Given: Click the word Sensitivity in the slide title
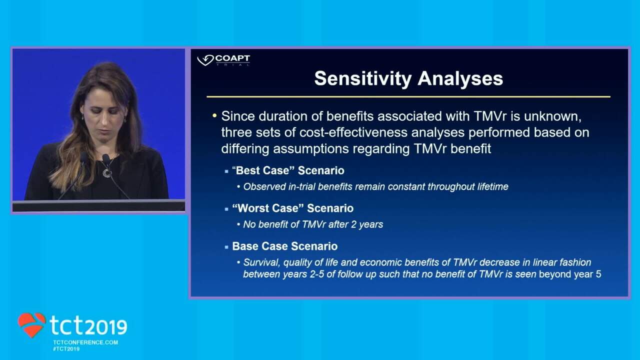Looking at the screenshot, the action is (363, 79).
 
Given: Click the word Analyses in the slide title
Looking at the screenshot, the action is (460, 78).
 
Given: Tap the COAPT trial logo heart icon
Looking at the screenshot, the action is (205, 60).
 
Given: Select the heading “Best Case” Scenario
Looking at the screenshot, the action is (288, 170).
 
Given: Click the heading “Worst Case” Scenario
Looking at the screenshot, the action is (293, 208).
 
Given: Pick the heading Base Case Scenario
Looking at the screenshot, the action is (285, 246).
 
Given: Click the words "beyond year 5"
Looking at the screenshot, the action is (570, 274).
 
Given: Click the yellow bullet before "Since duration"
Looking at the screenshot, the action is (214, 115).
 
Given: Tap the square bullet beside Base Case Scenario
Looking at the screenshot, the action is (226, 247).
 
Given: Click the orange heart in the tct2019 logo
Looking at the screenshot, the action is (31, 324).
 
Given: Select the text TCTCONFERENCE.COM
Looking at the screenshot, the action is (85, 342).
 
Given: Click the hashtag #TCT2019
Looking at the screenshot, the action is (66, 349).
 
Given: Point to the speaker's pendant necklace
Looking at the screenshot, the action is (107, 173).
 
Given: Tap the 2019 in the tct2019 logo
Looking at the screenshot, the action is (106, 327).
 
